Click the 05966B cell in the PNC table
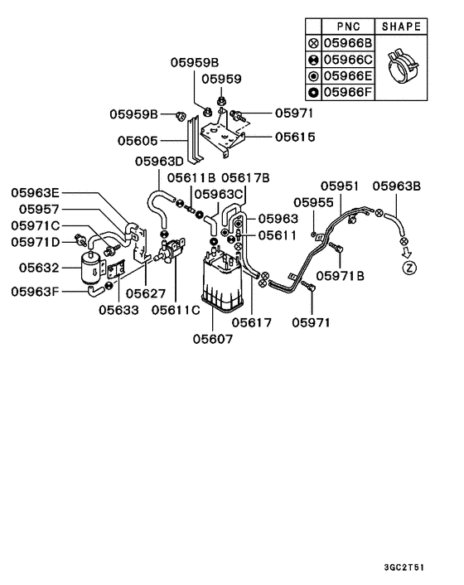348,43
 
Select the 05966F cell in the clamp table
348,92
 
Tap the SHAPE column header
401,27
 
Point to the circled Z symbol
409,268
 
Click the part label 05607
213,339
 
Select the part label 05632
39,268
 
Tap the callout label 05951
340,186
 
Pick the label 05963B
397,186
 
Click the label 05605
138,141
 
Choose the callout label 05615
295,137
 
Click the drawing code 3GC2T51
404,568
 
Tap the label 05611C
176,310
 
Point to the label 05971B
341,276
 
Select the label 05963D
159,162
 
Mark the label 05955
313,202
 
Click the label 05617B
245,177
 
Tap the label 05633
118,310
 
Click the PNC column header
348,27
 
